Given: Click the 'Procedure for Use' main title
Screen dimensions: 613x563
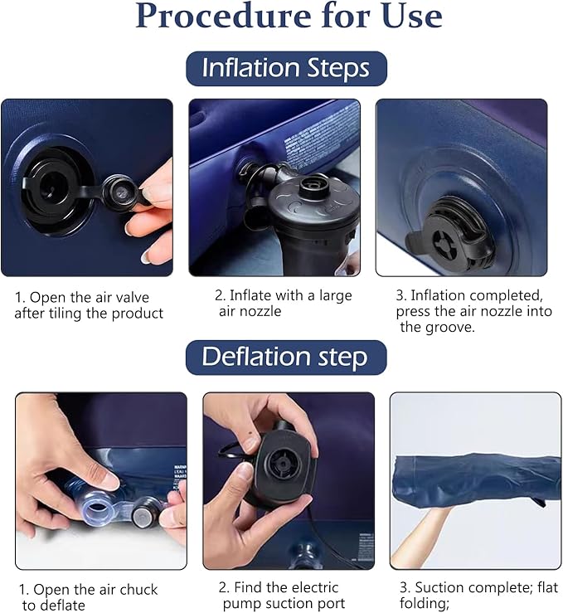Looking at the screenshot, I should point(289,17).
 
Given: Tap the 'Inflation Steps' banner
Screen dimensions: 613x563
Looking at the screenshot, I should point(286,69).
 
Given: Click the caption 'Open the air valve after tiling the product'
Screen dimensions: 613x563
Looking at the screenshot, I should point(89,304).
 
